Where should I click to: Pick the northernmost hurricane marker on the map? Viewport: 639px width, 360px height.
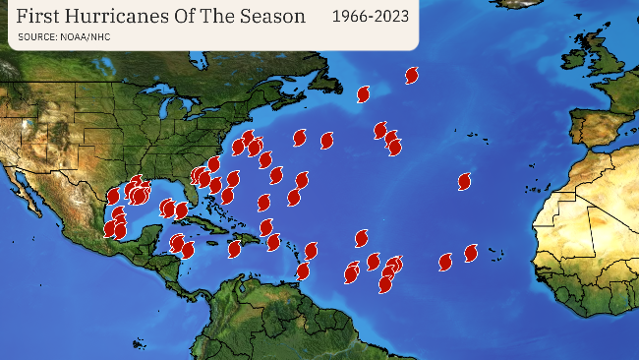click(x=412, y=75)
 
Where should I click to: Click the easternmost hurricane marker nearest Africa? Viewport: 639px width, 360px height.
click(x=471, y=253)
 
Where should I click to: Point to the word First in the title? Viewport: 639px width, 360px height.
click(x=37, y=17)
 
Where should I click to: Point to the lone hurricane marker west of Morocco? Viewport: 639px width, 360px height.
click(x=464, y=181)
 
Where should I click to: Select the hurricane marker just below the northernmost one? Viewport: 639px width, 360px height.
click(x=363, y=94)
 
